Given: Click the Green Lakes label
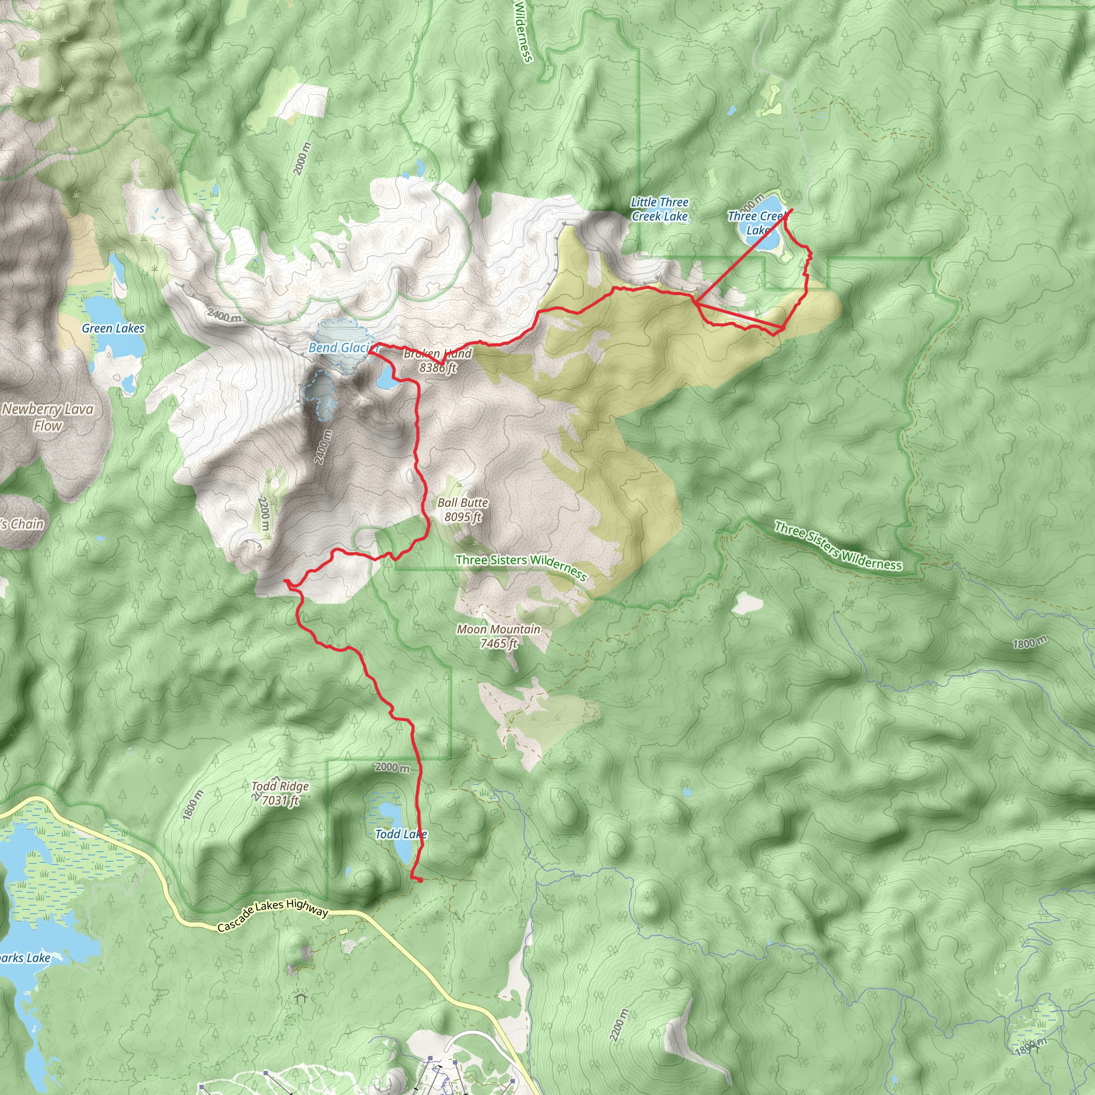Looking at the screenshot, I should pos(113,328).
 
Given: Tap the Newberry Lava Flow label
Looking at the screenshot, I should pos(48,417).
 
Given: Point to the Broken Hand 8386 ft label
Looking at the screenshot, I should pos(437,360).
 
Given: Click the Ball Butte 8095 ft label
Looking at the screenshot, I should pos(462,510).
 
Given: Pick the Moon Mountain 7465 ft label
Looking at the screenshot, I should pos(499,636).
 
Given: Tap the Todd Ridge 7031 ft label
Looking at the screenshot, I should pos(280,793).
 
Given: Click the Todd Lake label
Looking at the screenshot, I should pos(400,834).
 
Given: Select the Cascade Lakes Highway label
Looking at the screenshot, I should pos(273,916).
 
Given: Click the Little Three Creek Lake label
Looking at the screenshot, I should pos(660,209).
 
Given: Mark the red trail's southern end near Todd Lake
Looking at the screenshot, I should pos(420,880).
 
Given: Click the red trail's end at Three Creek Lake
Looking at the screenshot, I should pos(792,210).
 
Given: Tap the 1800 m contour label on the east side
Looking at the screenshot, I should pos(1030,643).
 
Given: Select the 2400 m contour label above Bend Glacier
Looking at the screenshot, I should pos(224,314).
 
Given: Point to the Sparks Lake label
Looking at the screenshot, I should pos(25,958).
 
